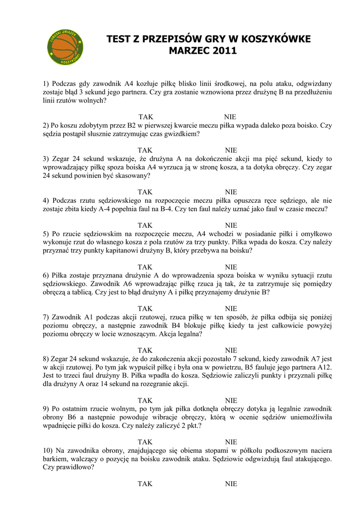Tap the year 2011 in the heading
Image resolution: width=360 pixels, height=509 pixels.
[225, 51]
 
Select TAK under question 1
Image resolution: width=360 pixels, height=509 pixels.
[145, 117]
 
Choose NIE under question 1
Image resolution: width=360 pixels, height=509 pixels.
[230, 117]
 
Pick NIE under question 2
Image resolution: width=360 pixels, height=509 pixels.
[231, 150]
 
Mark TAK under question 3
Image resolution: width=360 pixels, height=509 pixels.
[145, 192]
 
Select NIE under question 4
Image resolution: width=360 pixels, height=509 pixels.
[231, 225]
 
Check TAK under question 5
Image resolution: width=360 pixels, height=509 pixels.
[145, 267]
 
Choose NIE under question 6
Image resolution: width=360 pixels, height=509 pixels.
[231, 309]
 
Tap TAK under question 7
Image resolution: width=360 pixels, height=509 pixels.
[145, 350]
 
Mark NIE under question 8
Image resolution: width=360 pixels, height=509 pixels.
[231, 400]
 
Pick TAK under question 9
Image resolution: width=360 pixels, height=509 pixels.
[145, 442]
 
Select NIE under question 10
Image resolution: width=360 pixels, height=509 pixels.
[231, 484]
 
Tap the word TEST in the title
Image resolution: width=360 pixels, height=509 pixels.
[119, 39]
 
